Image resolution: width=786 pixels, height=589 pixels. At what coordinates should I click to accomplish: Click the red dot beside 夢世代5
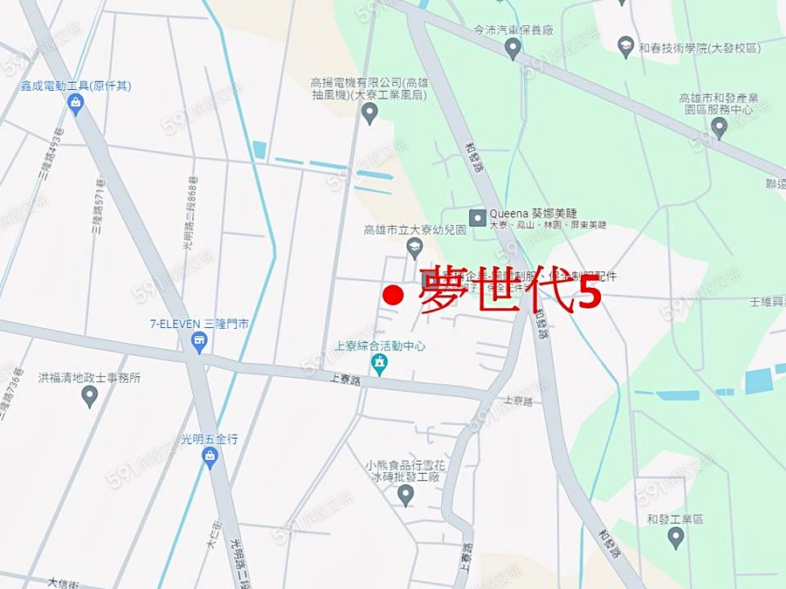(x=394, y=296)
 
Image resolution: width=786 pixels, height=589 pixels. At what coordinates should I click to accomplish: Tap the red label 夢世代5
(x=510, y=292)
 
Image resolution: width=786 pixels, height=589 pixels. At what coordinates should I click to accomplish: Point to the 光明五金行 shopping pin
(x=210, y=456)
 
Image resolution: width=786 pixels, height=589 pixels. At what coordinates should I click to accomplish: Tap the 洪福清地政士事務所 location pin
(x=89, y=396)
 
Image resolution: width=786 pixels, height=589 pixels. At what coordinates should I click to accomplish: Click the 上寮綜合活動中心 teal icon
(x=378, y=365)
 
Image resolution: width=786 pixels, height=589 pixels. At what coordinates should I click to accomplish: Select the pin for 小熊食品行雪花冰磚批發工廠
(x=405, y=495)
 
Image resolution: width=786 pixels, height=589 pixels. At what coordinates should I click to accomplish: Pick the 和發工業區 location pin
(x=675, y=537)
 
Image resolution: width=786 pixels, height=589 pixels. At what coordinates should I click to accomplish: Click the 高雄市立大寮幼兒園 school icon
(x=414, y=250)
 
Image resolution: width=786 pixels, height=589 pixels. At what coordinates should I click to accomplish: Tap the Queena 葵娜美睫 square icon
(x=478, y=217)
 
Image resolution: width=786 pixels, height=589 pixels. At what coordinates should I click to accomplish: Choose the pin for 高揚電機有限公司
(x=369, y=113)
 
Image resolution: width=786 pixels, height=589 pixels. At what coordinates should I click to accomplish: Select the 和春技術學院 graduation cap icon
(x=625, y=46)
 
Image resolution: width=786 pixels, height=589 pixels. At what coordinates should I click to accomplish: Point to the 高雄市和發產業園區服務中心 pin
(x=719, y=127)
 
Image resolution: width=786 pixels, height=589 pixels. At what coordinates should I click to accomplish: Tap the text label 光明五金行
(x=209, y=439)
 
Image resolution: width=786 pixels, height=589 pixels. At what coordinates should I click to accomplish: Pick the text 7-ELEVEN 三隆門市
(x=199, y=324)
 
